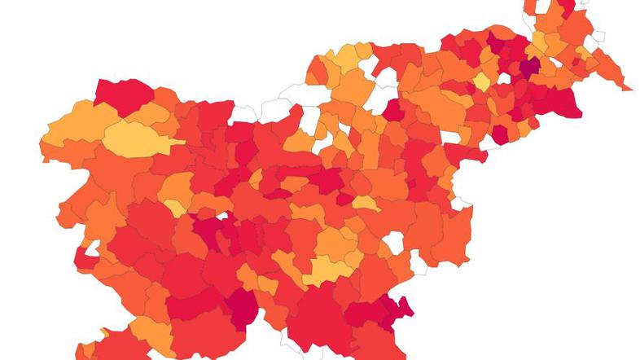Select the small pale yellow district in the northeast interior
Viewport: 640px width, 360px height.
(482, 82)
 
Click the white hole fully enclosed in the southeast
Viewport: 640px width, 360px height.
(394, 242)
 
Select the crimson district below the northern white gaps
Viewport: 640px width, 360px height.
(393, 110)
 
